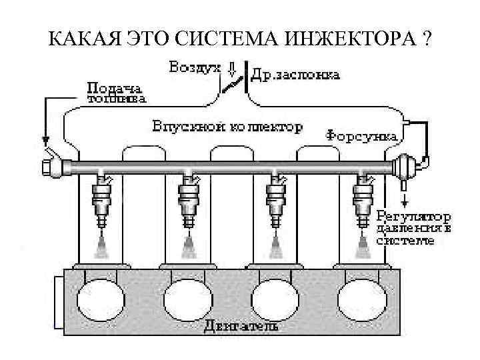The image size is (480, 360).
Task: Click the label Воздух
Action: point(194,68)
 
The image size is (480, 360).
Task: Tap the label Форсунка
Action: point(362,135)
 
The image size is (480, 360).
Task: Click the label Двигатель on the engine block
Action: point(241,327)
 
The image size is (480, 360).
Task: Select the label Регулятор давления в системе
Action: point(413,228)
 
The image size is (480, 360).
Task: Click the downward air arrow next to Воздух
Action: point(233,69)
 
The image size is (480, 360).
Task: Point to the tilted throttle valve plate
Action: point(233,85)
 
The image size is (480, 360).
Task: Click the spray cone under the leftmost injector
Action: point(103,247)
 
